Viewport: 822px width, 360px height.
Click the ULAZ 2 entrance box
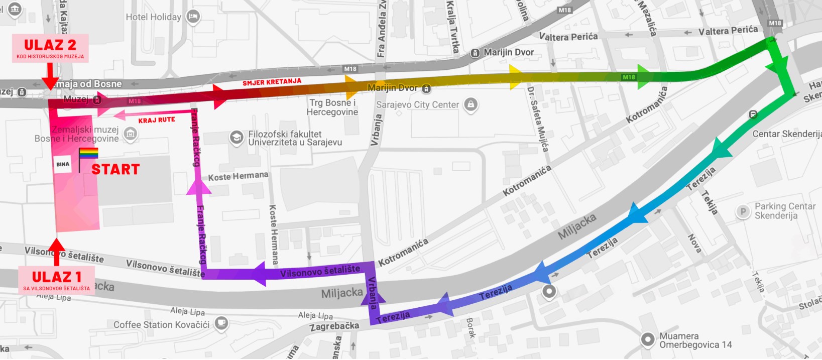[x=50, y=48]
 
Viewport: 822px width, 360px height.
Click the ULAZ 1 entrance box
[x=56, y=280]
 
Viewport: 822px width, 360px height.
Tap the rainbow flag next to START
[x=88, y=154]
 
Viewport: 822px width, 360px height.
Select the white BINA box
[x=63, y=164]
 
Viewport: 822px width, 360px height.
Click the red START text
[x=115, y=170]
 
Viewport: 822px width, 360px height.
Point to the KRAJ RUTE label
[x=157, y=120]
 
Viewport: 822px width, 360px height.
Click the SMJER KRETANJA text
[x=272, y=82]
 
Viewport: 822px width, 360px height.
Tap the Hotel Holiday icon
[x=193, y=17]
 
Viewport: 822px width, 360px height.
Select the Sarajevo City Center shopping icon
[x=471, y=104]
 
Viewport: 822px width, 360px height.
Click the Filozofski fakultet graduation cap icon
[x=236, y=137]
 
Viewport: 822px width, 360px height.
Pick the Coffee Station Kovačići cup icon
[x=221, y=323]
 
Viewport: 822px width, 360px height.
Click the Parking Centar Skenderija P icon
[x=743, y=211]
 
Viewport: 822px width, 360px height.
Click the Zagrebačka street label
[x=334, y=326]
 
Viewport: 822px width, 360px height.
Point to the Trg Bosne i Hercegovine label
[x=332, y=107]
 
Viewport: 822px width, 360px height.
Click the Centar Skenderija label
[x=786, y=134]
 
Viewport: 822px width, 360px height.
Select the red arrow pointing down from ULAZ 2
[x=50, y=76]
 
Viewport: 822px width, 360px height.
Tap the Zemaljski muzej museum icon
[x=131, y=134]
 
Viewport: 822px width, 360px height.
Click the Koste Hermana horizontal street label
[x=238, y=176]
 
